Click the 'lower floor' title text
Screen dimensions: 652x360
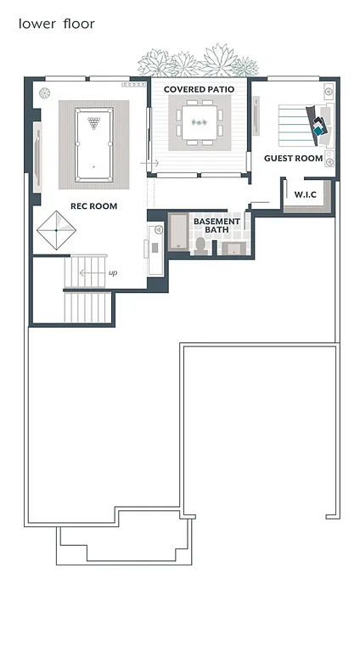coord(56,24)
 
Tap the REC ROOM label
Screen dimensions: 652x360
coord(93,206)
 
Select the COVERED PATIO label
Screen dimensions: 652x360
coord(199,89)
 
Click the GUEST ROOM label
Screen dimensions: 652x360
coord(293,159)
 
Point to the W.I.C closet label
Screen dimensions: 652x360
coord(306,195)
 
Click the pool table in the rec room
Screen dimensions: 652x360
coord(93,144)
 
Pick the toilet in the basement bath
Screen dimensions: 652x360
coord(201,244)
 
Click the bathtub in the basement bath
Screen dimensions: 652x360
coord(178,232)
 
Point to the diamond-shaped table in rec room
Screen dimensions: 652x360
coord(57,229)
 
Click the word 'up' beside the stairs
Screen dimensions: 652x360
coord(112,273)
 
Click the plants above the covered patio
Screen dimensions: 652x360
coord(199,62)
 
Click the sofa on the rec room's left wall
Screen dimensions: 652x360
coord(37,158)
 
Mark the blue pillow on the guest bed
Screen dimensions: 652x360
coord(319,130)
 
